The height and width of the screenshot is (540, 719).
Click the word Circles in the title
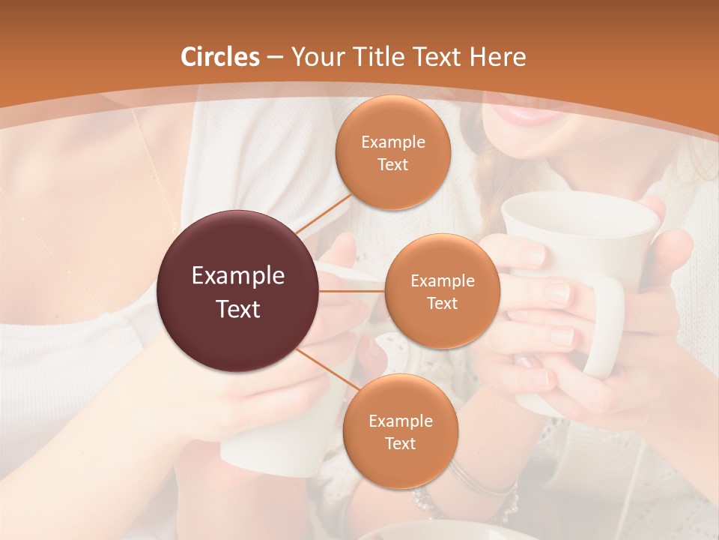[x=219, y=57]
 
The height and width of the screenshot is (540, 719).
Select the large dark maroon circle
[x=238, y=292]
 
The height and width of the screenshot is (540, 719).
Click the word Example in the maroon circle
[x=238, y=276]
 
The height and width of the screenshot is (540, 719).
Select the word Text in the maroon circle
[x=238, y=309]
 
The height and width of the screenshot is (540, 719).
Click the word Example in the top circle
[x=392, y=142]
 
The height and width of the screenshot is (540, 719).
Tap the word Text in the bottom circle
[x=400, y=443]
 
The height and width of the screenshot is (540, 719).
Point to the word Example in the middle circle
[x=442, y=281]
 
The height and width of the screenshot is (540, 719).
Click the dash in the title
[x=274, y=58]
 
